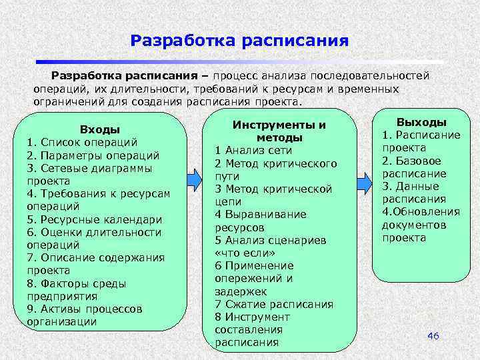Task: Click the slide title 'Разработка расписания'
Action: (x=239, y=41)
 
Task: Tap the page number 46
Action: (x=433, y=336)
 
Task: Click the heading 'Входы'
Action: (x=99, y=129)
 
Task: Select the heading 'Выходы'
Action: (x=421, y=122)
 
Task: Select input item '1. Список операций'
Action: (x=82, y=142)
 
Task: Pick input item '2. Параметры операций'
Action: (x=93, y=155)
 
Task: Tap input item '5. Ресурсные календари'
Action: (x=94, y=219)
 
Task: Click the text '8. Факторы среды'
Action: (x=76, y=283)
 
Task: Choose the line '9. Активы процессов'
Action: (x=84, y=309)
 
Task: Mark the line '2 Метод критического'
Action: (x=275, y=163)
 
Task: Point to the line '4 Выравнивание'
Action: (x=261, y=214)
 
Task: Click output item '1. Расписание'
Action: (x=421, y=135)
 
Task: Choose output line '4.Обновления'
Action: (x=421, y=212)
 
